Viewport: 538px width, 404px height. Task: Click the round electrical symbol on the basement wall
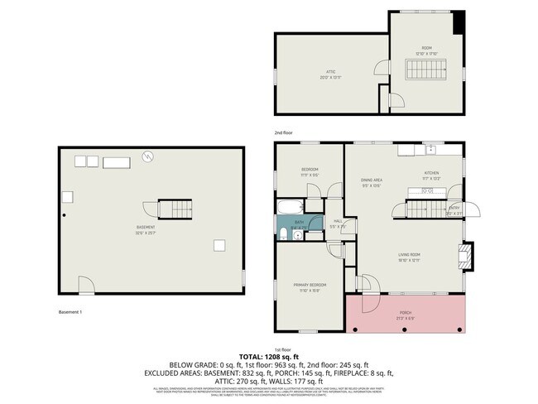tap(147, 155)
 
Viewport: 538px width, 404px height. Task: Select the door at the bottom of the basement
tap(85, 286)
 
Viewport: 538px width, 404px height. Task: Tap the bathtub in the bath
tap(291, 207)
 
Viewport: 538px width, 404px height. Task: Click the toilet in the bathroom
tap(283, 234)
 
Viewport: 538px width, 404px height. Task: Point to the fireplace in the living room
tap(467, 257)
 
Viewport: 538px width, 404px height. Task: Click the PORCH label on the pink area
tap(405, 314)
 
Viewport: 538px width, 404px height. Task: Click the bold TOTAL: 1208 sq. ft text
tap(268, 356)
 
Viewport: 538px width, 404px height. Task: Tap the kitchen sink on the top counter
tap(430, 150)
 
